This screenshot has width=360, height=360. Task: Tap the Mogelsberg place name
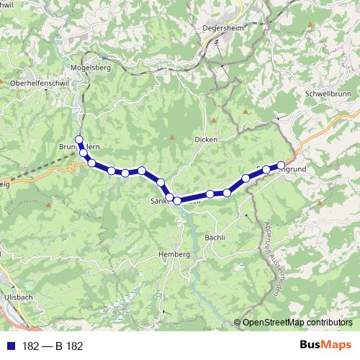tap(89, 68)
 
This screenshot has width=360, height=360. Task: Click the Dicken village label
tap(205, 139)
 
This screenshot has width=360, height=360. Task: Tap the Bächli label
tap(215, 238)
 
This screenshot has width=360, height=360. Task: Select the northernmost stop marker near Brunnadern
tap(79, 140)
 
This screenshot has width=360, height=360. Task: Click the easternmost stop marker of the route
tap(281, 166)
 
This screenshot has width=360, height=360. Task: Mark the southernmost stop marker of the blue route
tap(177, 200)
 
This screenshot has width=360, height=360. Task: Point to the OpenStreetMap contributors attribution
tap(297, 323)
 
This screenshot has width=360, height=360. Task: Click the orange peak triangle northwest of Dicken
tap(214, 120)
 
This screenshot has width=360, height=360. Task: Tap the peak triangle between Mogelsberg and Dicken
tap(172, 137)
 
